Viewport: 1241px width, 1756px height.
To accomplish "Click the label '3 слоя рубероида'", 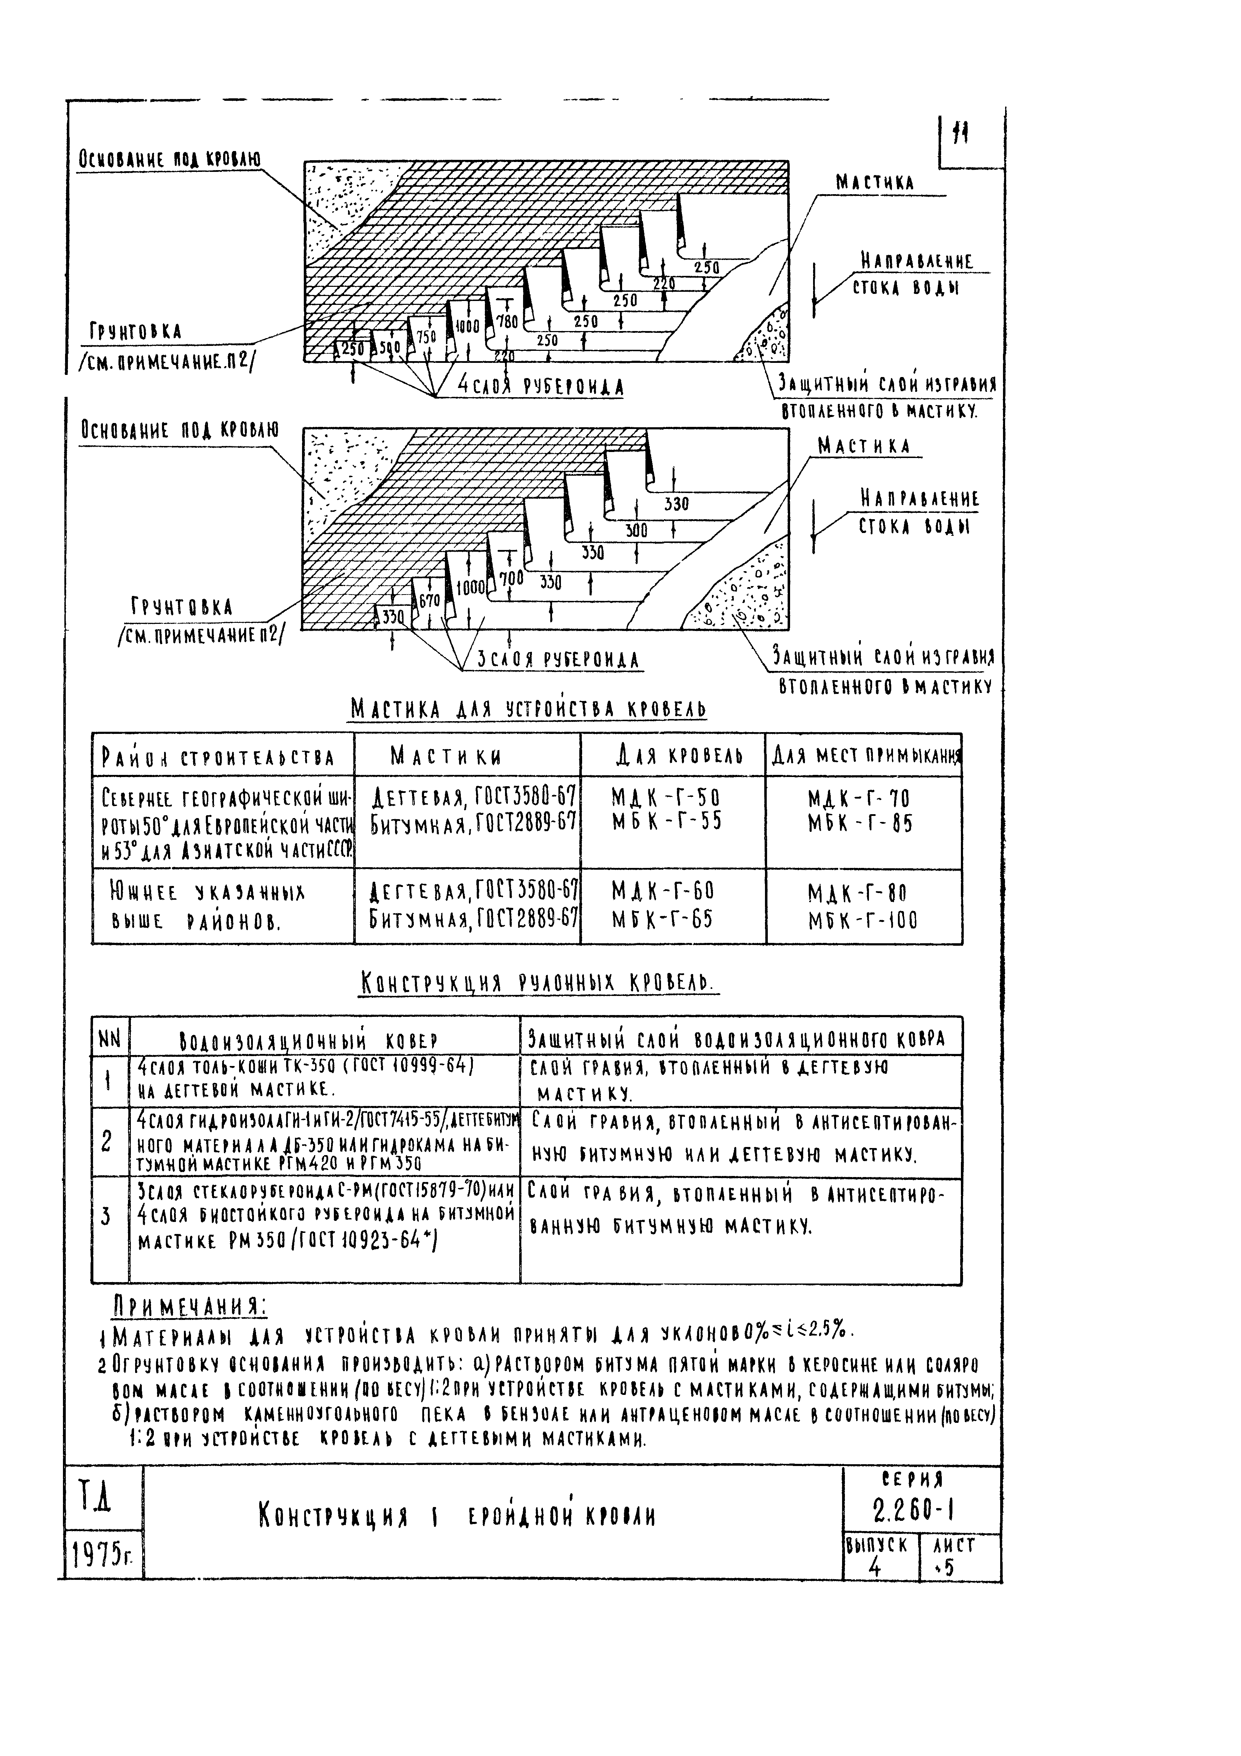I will (557, 659).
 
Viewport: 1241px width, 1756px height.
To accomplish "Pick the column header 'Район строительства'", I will (218, 757).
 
